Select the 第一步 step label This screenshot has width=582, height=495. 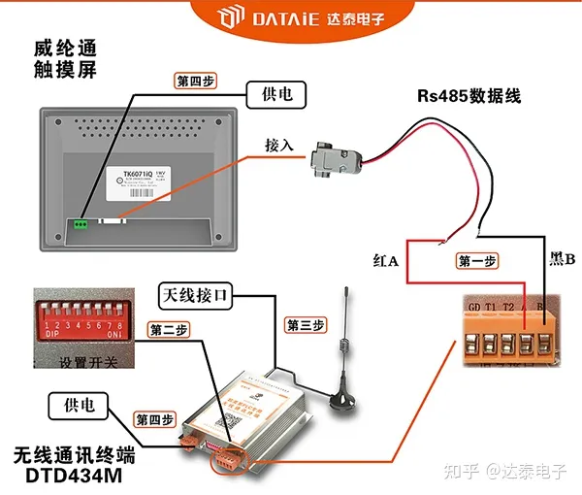476,260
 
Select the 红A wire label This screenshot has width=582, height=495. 386,260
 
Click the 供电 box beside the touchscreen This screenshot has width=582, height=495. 276,94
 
